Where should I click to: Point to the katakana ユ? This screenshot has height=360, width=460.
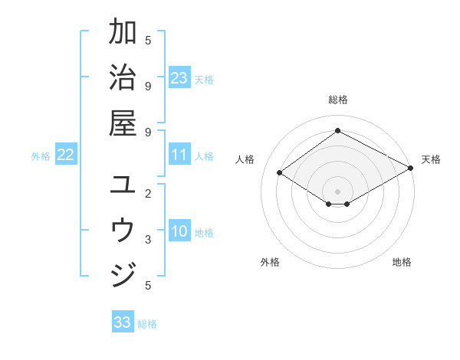pyautogui.click(x=123, y=185)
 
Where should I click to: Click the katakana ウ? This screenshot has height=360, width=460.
pyautogui.click(x=123, y=229)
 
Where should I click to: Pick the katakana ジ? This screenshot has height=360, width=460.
pyautogui.click(x=123, y=273)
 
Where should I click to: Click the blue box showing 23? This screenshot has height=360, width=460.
pyautogui.click(x=179, y=78)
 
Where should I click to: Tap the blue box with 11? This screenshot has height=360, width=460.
pyautogui.click(x=179, y=155)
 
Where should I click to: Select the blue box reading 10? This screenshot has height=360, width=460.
pyautogui.click(x=179, y=232)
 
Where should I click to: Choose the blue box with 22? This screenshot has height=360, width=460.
pyautogui.click(x=66, y=155)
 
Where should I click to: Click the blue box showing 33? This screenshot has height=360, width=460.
pyautogui.click(x=123, y=322)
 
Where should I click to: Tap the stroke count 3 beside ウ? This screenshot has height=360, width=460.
pyautogui.click(x=147, y=240)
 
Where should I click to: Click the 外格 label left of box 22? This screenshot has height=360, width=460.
pyautogui.click(x=41, y=156)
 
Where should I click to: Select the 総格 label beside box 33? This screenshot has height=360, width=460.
pyautogui.click(x=147, y=323)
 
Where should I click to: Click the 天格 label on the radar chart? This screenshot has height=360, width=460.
pyautogui.click(x=431, y=159)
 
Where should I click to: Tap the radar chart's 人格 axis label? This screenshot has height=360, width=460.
pyautogui.click(x=245, y=159)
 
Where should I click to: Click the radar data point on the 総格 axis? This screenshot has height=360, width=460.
pyautogui.click(x=337, y=130)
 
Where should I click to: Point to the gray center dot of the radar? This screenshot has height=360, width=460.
pyautogui.click(x=337, y=191)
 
